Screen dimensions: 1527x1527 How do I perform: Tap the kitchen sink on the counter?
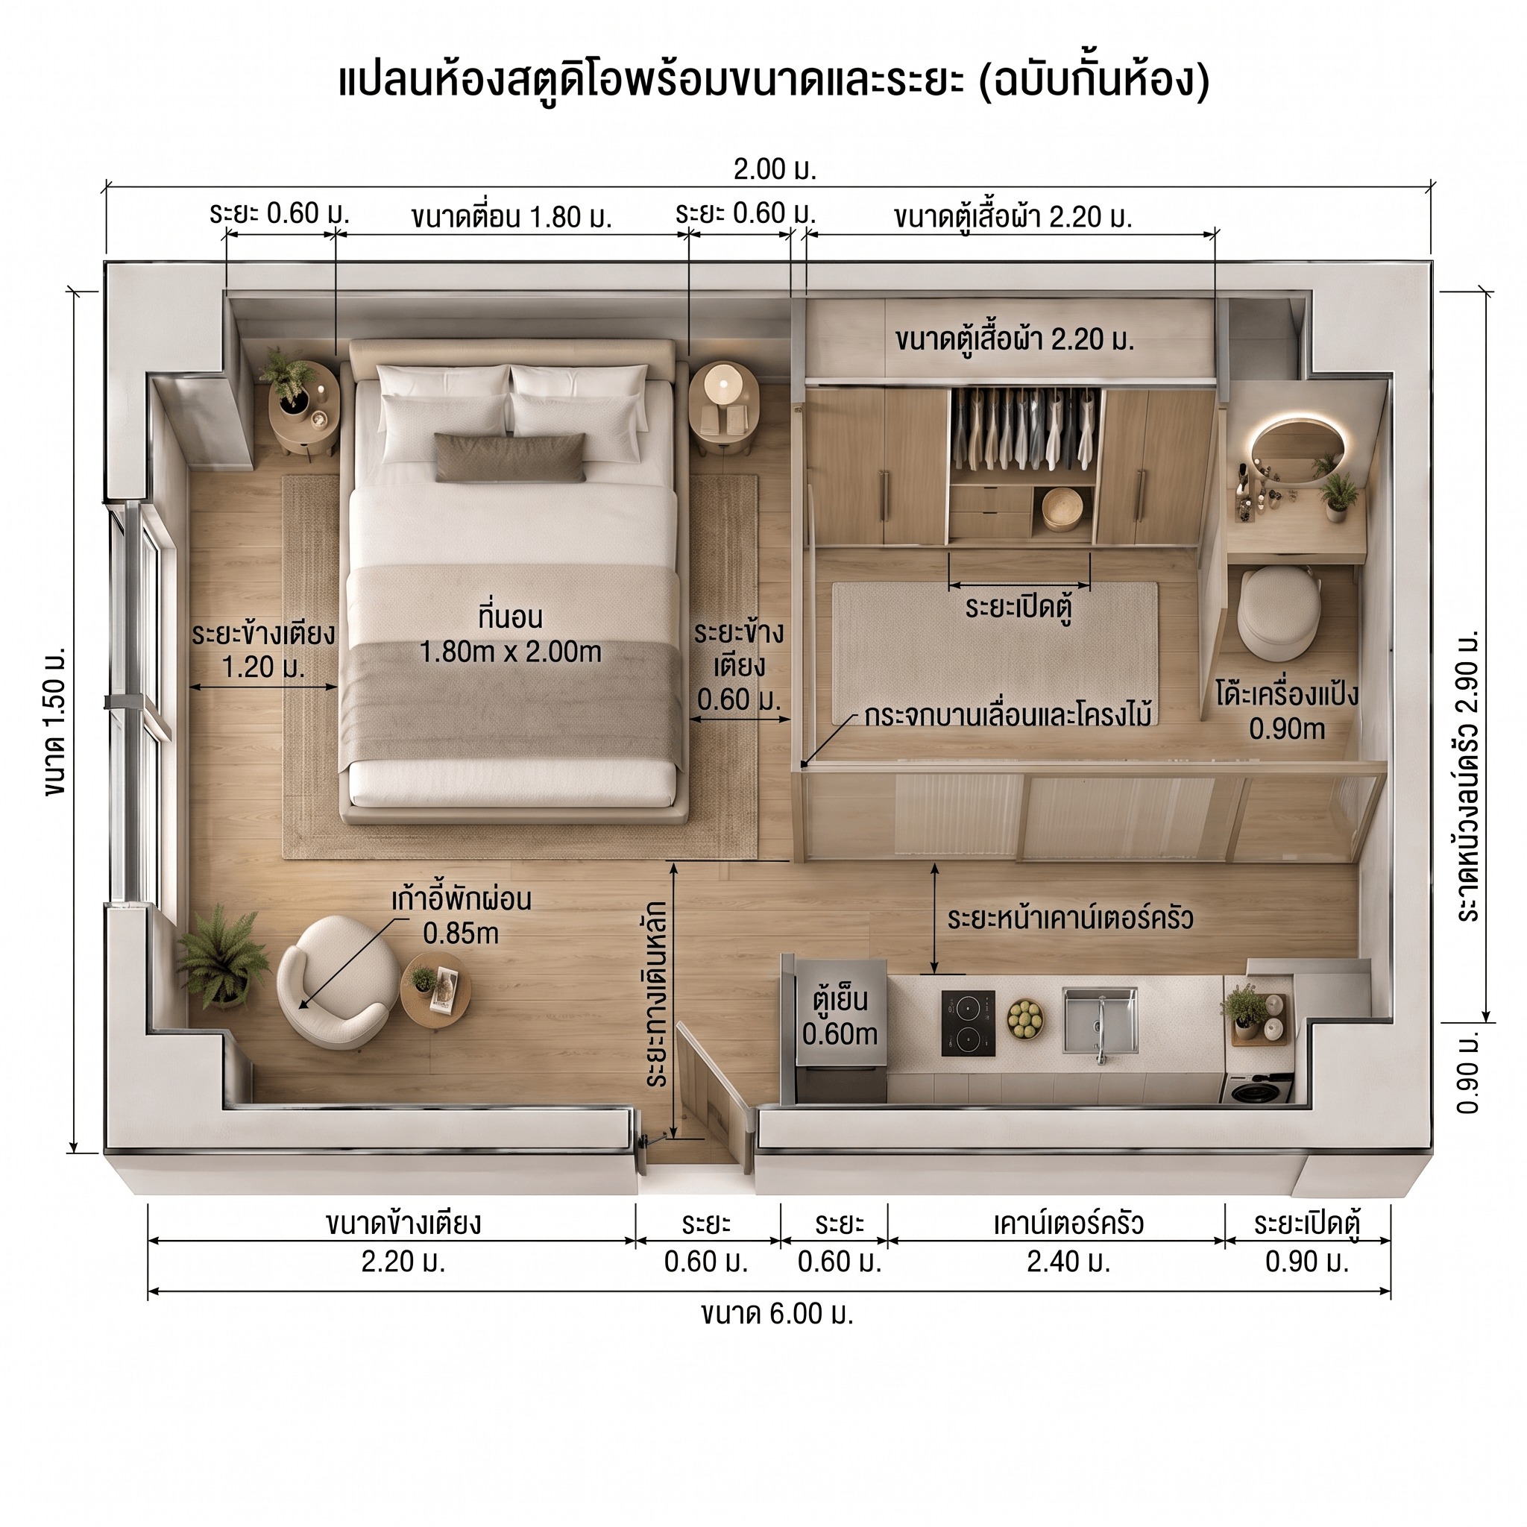[x=1100, y=1021]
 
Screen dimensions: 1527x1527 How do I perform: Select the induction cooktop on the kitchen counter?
[x=969, y=1024]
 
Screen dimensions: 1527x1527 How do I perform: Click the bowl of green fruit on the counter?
[x=1025, y=1019]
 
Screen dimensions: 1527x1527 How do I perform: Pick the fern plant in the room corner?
[x=222, y=959]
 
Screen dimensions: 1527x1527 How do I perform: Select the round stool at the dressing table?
[x=1279, y=614]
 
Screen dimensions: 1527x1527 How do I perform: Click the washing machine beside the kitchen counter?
[x=1259, y=1089]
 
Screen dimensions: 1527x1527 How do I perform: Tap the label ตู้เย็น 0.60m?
[x=840, y=1016]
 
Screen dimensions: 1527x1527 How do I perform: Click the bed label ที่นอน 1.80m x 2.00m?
[x=510, y=635]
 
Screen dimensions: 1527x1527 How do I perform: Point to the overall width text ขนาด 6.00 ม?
[x=777, y=1314]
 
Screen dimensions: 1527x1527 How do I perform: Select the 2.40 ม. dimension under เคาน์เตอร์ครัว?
[x=1068, y=1262]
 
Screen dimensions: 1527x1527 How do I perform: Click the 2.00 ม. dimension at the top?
[x=775, y=169]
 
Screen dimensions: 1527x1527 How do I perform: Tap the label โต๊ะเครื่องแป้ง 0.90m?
[x=1287, y=711]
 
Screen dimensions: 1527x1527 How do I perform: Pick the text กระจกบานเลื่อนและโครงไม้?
[x=1008, y=715]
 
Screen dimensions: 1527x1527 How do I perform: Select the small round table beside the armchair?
[x=435, y=989]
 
